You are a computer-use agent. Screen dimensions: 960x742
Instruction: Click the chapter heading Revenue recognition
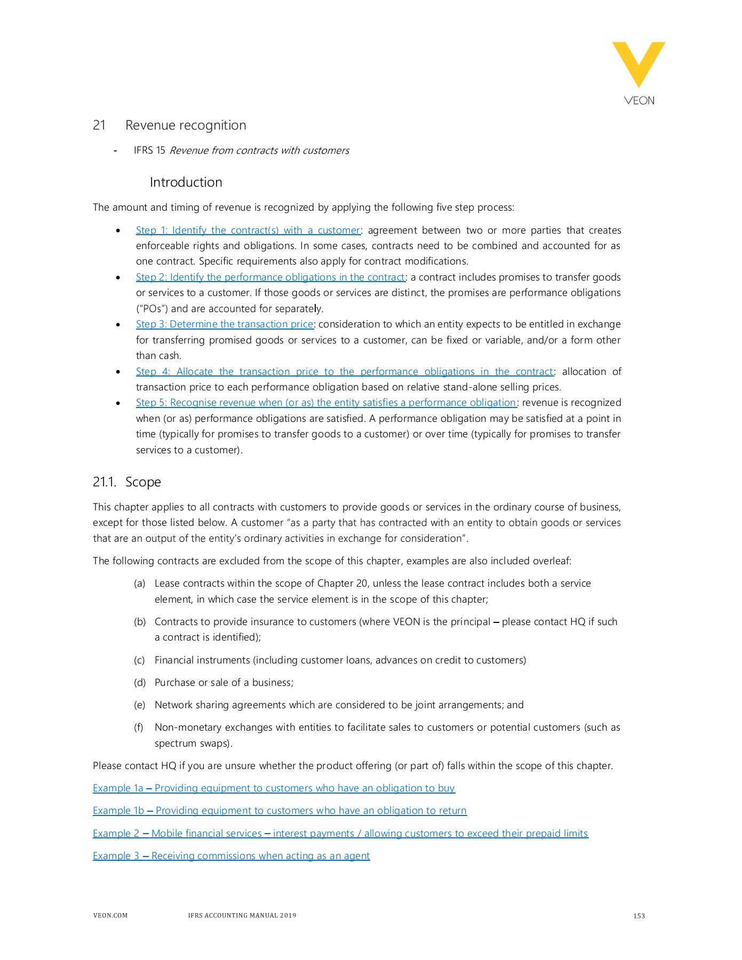[x=185, y=125]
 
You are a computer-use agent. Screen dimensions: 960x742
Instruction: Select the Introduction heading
[x=186, y=182]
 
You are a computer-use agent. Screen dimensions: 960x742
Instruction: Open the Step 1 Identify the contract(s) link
[x=248, y=230]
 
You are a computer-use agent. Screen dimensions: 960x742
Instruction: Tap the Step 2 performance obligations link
[x=270, y=277]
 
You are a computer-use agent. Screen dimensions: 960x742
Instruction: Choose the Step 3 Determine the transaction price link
[x=225, y=324]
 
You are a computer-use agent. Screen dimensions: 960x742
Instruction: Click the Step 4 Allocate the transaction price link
[x=344, y=372]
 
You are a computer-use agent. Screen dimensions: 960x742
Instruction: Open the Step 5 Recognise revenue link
[x=326, y=403]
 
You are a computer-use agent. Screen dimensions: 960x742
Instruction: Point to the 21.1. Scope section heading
[x=127, y=482]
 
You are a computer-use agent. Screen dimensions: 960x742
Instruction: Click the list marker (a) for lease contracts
[x=140, y=583]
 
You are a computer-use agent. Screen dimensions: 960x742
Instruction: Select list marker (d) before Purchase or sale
[x=140, y=683]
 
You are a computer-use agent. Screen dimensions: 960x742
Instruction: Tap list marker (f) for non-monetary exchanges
[x=139, y=727]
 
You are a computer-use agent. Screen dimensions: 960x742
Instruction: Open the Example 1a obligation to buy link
[x=274, y=788]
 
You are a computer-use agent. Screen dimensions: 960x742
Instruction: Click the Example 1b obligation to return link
[x=280, y=811]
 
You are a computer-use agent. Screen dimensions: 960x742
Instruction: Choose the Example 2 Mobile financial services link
[x=340, y=834]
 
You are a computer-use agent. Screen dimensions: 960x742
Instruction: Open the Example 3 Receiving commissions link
[x=231, y=856]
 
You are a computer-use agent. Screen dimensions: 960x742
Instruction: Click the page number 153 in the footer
[x=639, y=916]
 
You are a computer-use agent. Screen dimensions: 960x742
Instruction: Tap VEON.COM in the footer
[x=110, y=915]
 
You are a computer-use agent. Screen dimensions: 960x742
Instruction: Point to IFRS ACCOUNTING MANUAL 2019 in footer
[x=242, y=915]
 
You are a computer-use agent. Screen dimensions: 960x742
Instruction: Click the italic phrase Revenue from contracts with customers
[x=259, y=150]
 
